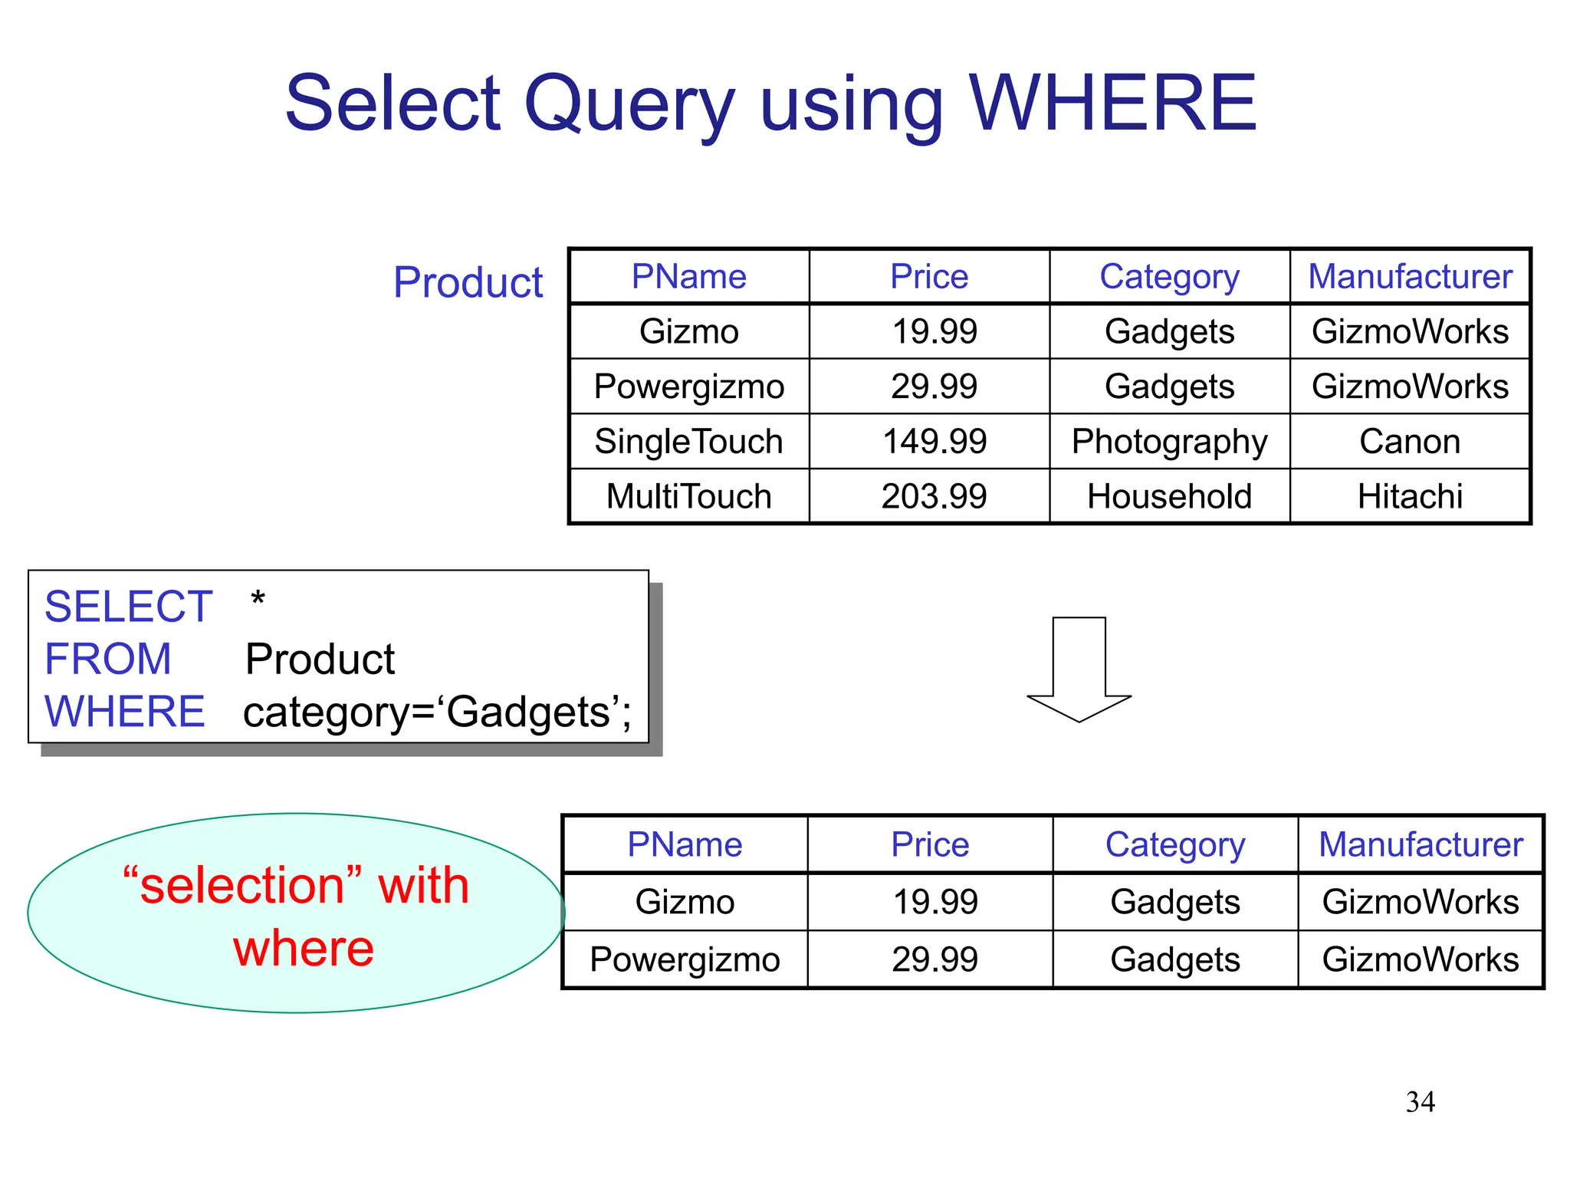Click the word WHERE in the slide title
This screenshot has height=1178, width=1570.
pos(1112,104)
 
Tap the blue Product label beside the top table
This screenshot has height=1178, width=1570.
pos(468,282)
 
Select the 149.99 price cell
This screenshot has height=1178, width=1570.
pos(934,442)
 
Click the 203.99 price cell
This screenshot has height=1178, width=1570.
pos(934,496)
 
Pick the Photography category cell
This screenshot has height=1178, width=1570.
pos(1169,442)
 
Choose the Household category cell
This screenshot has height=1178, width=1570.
pos(1169,496)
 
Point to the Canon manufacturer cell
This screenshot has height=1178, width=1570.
pos(1410,442)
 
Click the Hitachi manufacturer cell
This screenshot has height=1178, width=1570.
pos(1410,496)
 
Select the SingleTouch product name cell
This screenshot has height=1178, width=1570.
pos(688,442)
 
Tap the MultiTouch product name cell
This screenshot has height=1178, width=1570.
pos(688,496)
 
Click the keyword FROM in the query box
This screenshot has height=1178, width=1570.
pos(108,659)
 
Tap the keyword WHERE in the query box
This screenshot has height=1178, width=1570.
pos(125,712)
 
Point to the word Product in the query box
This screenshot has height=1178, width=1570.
pos(320,659)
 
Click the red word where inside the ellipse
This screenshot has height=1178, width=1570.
pos(304,949)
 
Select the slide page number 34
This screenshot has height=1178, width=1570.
pos(1420,1102)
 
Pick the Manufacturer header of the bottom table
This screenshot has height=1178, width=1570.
pos(1420,844)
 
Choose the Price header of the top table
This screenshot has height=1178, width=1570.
pos(929,276)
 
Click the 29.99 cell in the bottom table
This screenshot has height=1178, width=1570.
pos(934,959)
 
